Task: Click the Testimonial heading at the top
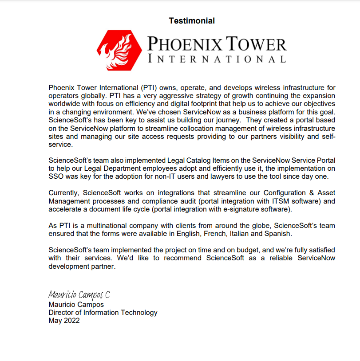[x=192, y=21]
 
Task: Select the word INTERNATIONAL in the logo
[x=217, y=59]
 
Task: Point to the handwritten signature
[x=78, y=294]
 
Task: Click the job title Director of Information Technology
[x=103, y=313]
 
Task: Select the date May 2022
[x=64, y=321]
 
